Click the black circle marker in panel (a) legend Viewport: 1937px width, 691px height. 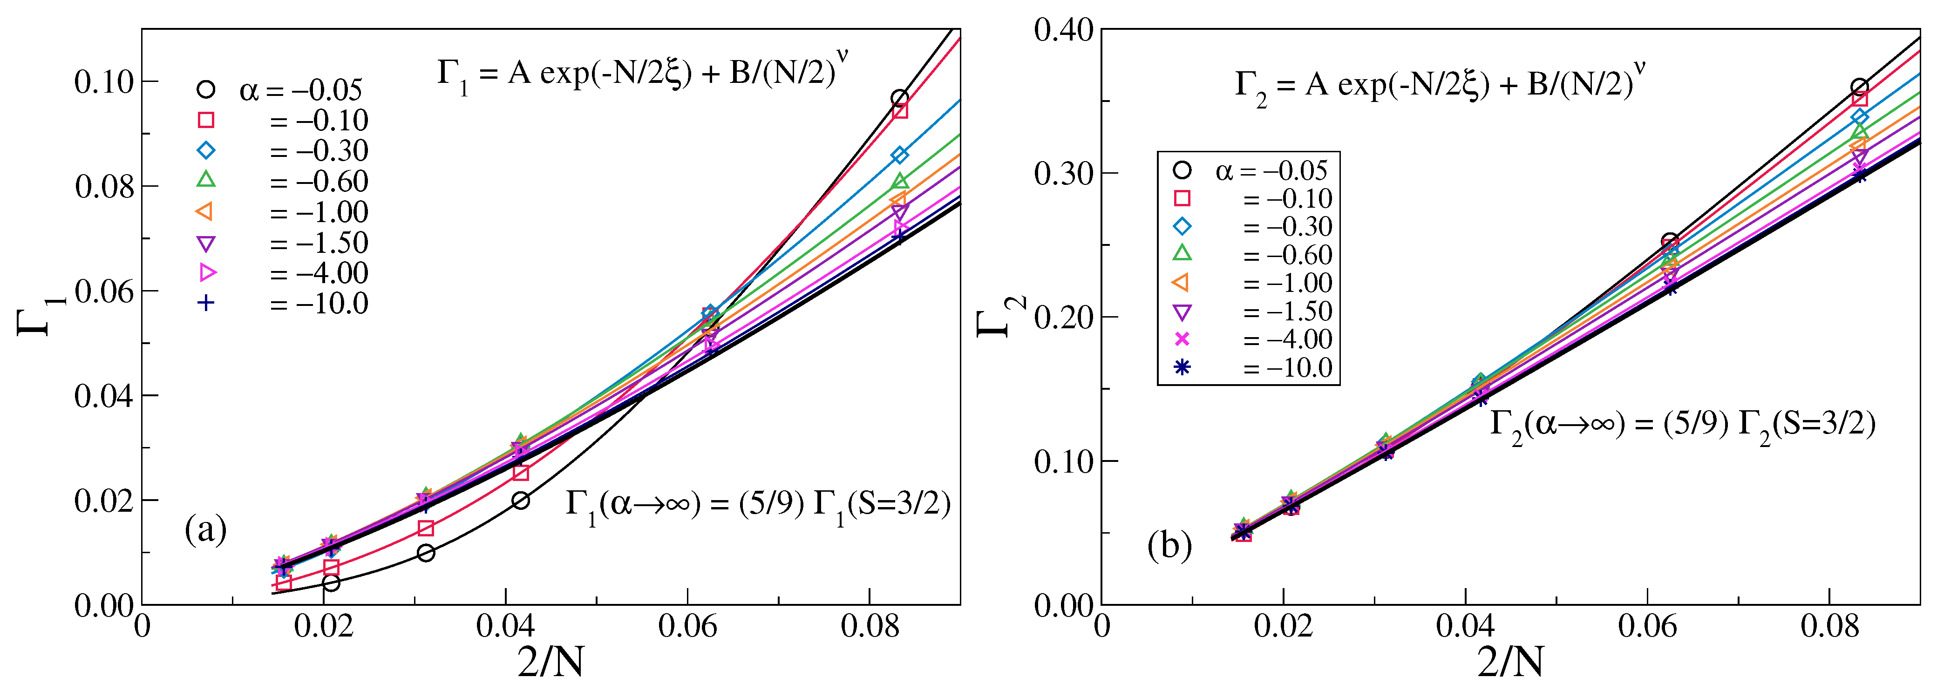[205, 89]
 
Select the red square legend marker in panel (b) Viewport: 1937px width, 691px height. [1182, 198]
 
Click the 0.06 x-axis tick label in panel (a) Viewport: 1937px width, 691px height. [687, 626]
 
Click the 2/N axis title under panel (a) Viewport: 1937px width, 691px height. [551, 662]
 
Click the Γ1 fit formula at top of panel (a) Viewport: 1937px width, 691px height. [643, 75]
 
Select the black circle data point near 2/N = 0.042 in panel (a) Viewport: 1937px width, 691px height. [520, 501]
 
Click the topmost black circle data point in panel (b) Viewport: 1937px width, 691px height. [1859, 87]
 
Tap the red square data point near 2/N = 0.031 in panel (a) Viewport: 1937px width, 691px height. [426, 528]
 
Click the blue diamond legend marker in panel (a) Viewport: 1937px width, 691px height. [205, 150]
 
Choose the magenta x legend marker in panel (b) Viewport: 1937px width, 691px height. [1182, 339]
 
